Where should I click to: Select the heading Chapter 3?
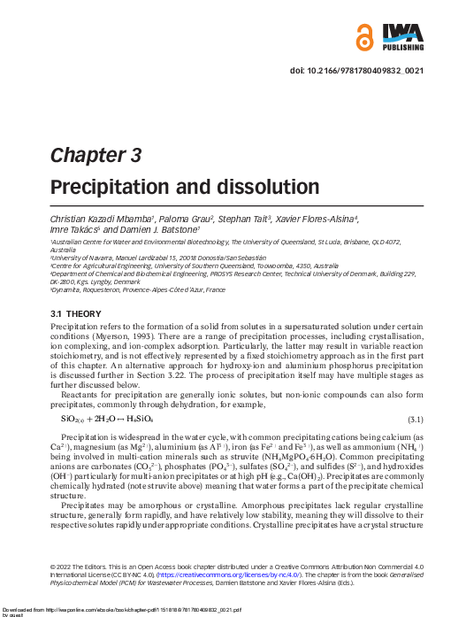pos(96,156)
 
